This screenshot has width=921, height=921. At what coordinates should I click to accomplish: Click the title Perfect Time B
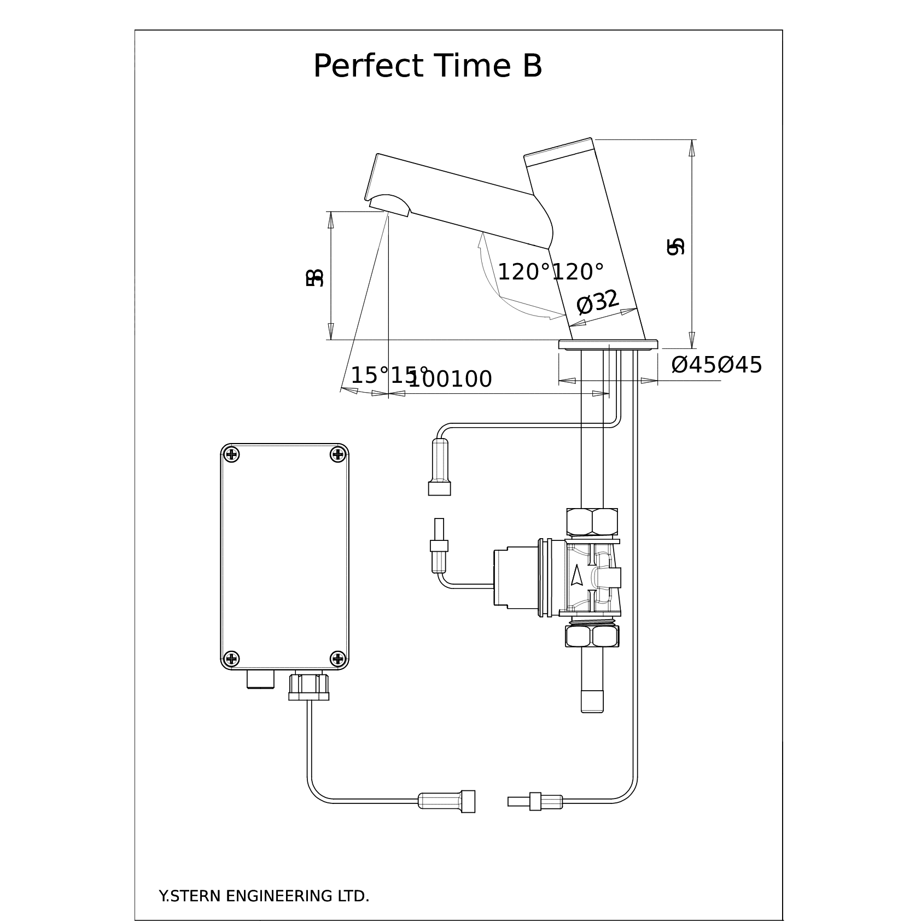(x=427, y=66)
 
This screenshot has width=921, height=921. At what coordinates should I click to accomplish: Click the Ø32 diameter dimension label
(x=597, y=302)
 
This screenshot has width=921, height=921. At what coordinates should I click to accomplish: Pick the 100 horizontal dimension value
(x=451, y=379)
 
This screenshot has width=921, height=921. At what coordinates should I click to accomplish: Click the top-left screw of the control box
(x=232, y=454)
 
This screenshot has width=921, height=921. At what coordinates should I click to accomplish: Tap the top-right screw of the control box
(x=338, y=454)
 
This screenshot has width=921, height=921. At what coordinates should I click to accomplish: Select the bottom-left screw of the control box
(x=232, y=658)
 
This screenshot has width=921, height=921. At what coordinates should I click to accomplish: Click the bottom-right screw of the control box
(x=338, y=658)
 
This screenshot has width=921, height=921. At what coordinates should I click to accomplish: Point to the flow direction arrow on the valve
(x=576, y=576)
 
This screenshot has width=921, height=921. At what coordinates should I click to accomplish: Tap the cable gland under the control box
(x=309, y=686)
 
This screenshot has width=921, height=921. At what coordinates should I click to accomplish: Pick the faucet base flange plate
(x=608, y=345)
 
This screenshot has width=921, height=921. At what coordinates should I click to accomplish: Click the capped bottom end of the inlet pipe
(x=592, y=701)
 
